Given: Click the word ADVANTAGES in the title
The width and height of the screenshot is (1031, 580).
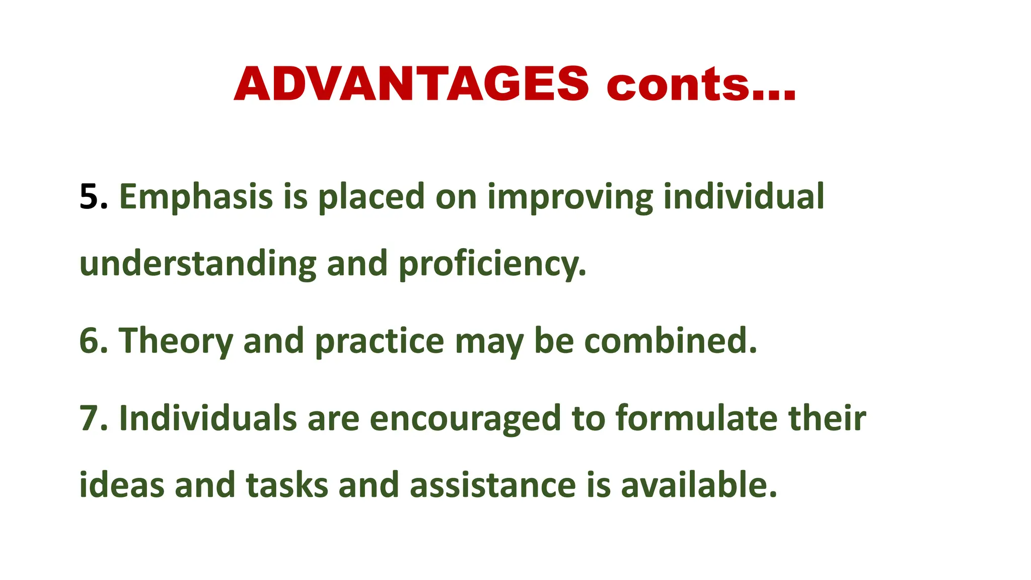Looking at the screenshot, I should click(x=411, y=84).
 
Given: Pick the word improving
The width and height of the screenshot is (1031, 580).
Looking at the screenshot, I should click(x=570, y=197).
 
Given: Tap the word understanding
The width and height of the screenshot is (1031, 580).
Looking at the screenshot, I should click(x=198, y=264).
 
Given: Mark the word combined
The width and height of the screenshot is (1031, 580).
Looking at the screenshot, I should click(x=667, y=341).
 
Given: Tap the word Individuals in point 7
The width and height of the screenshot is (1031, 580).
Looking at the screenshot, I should click(x=208, y=418).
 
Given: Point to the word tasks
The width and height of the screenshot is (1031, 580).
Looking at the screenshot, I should click(x=287, y=485).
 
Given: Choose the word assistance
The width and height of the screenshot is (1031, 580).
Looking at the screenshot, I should click(x=493, y=485).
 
